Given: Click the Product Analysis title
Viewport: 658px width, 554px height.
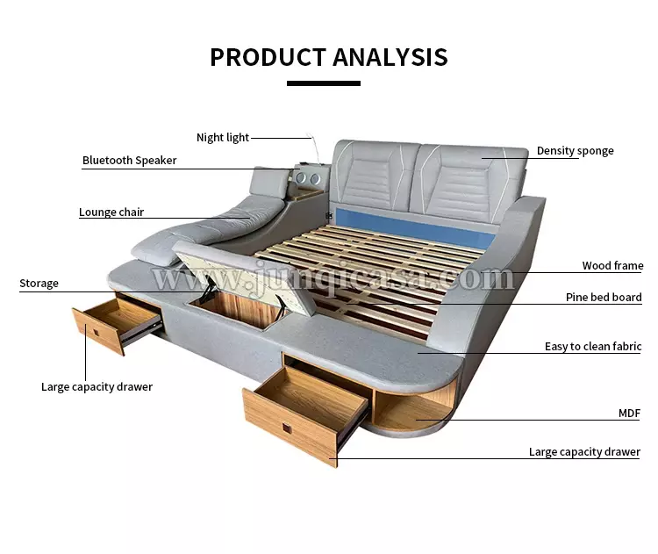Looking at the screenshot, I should tap(328, 57).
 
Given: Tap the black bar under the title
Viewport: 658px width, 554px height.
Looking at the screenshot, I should tap(323, 83).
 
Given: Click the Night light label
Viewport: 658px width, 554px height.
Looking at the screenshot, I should tap(223, 137).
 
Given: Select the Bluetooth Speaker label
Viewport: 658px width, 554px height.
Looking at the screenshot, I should tap(129, 161).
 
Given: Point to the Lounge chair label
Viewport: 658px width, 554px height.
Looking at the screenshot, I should tap(111, 212).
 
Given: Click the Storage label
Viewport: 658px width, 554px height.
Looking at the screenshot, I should tap(39, 284).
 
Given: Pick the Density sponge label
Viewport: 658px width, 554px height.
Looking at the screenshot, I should tap(575, 151).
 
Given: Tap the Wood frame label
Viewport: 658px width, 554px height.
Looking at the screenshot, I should tap(612, 265).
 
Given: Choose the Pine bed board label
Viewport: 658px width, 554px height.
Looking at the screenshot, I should tap(604, 298).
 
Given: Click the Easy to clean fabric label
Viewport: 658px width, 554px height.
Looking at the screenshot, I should tap(593, 347).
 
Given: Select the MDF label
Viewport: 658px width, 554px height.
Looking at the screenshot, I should tap(629, 412).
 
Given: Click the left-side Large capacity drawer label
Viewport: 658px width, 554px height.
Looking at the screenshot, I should tap(97, 386).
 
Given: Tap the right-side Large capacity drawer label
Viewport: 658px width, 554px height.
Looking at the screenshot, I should tap(584, 452).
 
